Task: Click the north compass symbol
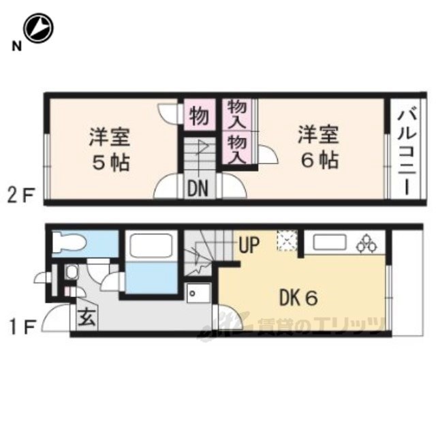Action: point(38,28)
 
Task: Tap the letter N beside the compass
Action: point(16,46)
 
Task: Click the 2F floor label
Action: point(21,196)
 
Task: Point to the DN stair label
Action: point(198,189)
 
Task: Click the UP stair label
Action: point(249,245)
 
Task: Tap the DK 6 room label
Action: point(298,298)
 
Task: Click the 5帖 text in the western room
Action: point(111,163)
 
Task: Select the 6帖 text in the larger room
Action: point(320,161)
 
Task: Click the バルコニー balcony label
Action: point(407,153)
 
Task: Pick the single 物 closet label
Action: point(199,116)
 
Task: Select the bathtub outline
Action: point(151,245)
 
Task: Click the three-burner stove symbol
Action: point(367,244)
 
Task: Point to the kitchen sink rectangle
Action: point(330,243)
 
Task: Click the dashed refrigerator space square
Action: point(287,240)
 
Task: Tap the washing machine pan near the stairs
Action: point(198,293)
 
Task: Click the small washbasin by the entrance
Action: point(72,272)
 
